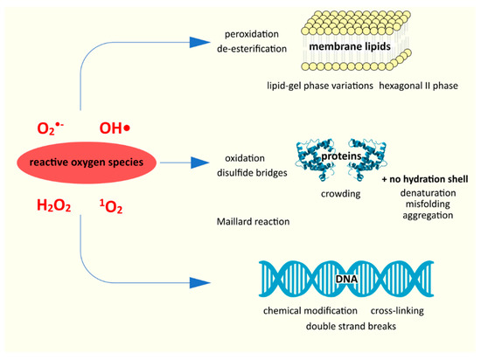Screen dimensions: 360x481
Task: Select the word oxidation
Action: [248, 159]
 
